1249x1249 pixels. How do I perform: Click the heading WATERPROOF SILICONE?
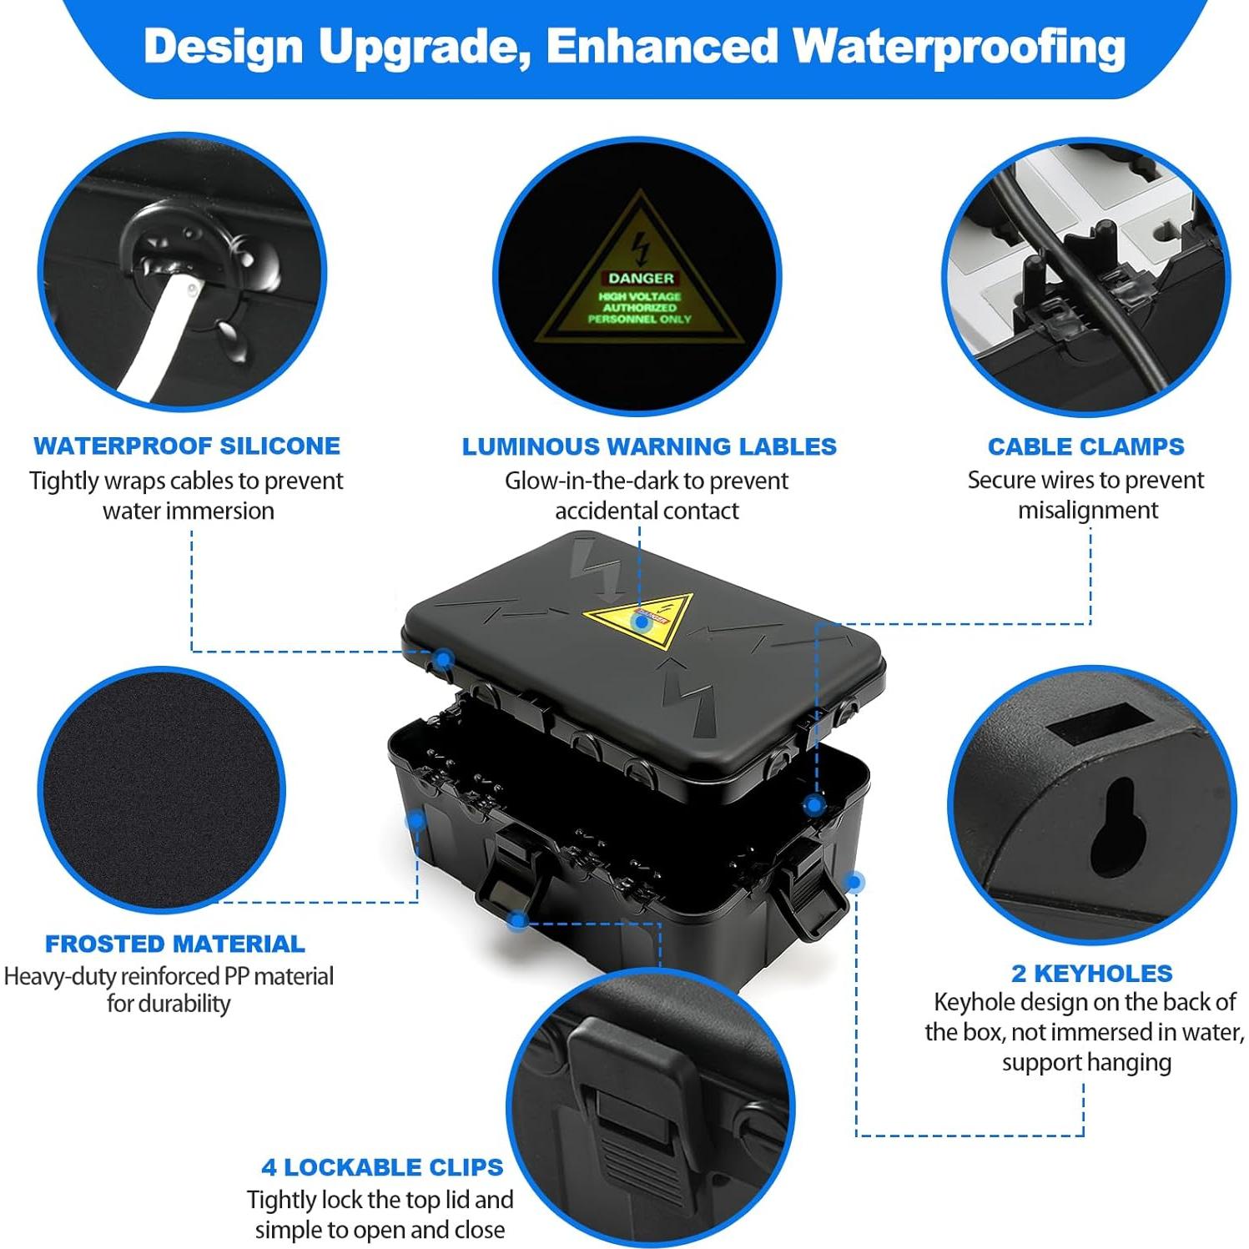(x=187, y=446)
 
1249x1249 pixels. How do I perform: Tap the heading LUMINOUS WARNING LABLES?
(x=649, y=446)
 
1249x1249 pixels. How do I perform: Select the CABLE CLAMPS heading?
(x=1085, y=446)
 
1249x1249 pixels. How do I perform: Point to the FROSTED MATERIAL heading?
(x=175, y=944)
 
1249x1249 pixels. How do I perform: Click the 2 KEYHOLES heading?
(x=1091, y=973)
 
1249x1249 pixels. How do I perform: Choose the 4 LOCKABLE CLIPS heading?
(x=382, y=1166)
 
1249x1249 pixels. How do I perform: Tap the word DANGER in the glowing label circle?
(x=641, y=278)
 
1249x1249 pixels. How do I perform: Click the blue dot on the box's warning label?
(x=641, y=621)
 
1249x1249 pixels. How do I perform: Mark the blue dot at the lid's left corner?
(x=444, y=660)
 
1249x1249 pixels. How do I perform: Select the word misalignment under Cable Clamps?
(x=1087, y=510)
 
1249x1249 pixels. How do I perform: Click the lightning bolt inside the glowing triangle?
(x=640, y=248)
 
